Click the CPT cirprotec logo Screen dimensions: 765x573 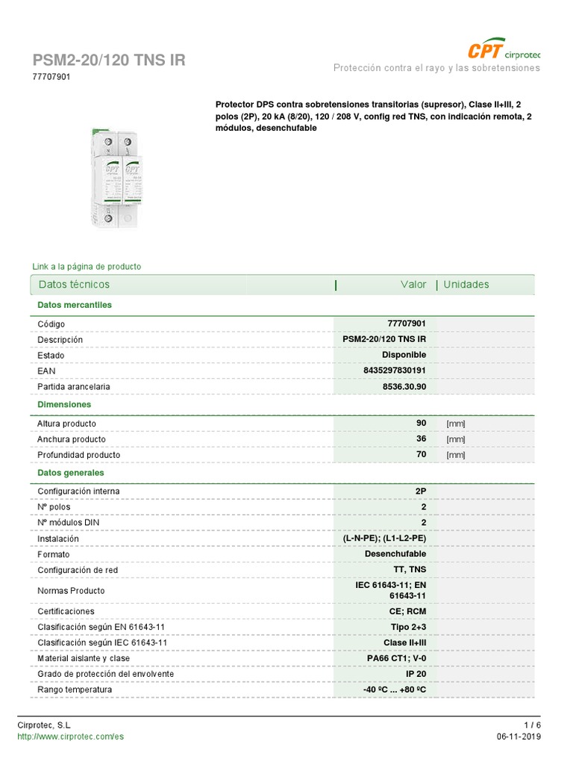(503, 51)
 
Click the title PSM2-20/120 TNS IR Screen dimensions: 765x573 (109, 61)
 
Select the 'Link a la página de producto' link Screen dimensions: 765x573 (87, 267)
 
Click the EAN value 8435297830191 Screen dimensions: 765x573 (395, 371)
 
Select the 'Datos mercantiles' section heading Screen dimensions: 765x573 (75, 305)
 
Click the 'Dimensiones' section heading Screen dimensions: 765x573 (64, 404)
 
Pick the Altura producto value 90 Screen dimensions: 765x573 (421, 424)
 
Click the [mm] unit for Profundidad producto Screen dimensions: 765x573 (455, 455)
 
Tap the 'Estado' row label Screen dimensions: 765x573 (51, 356)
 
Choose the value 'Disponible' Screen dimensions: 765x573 (404, 355)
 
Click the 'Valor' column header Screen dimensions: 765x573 (413, 285)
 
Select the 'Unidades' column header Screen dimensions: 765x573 (466, 285)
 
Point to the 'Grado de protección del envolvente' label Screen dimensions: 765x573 (106, 674)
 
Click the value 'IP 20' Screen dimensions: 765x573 (416, 674)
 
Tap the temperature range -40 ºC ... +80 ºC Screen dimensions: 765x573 (395, 690)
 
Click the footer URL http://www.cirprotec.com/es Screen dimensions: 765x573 (70, 737)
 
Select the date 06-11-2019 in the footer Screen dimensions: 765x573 (519, 737)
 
